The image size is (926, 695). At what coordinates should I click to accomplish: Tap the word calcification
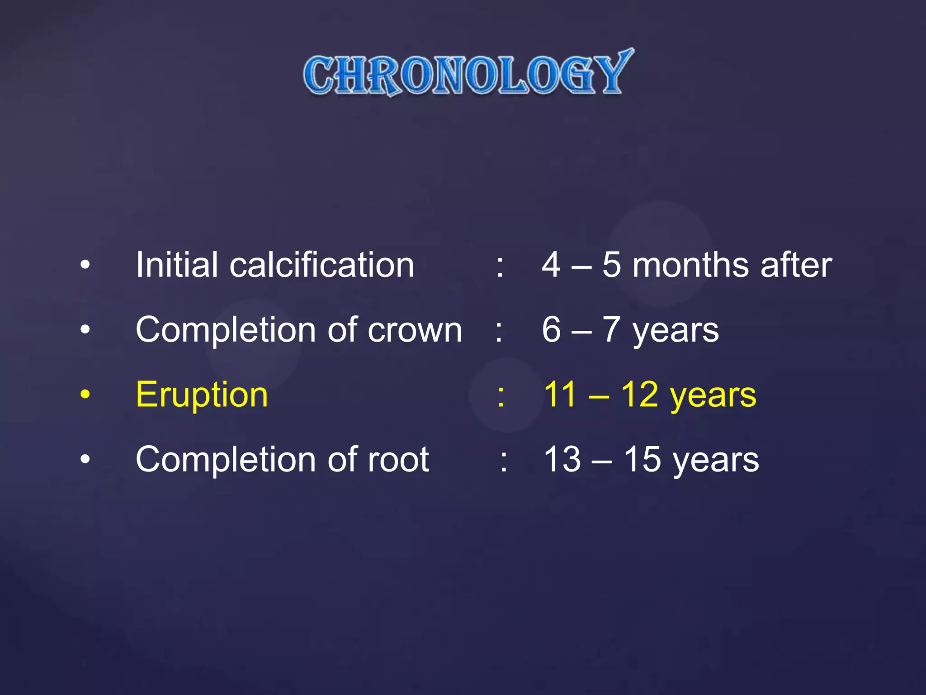tap(321, 265)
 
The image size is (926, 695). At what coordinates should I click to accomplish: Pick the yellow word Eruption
tap(202, 395)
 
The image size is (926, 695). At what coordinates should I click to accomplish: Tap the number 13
tap(562, 460)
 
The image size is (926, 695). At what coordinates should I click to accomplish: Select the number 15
tap(642, 460)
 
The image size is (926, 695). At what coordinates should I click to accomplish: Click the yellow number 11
tap(560, 395)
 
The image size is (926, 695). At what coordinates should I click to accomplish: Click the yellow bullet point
tap(85, 395)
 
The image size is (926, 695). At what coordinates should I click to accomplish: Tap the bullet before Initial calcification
tap(85, 265)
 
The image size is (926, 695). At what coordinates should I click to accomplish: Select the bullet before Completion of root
tap(85, 460)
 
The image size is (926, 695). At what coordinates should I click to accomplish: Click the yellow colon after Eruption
tap(501, 396)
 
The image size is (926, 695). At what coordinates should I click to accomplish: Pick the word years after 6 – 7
tap(676, 331)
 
